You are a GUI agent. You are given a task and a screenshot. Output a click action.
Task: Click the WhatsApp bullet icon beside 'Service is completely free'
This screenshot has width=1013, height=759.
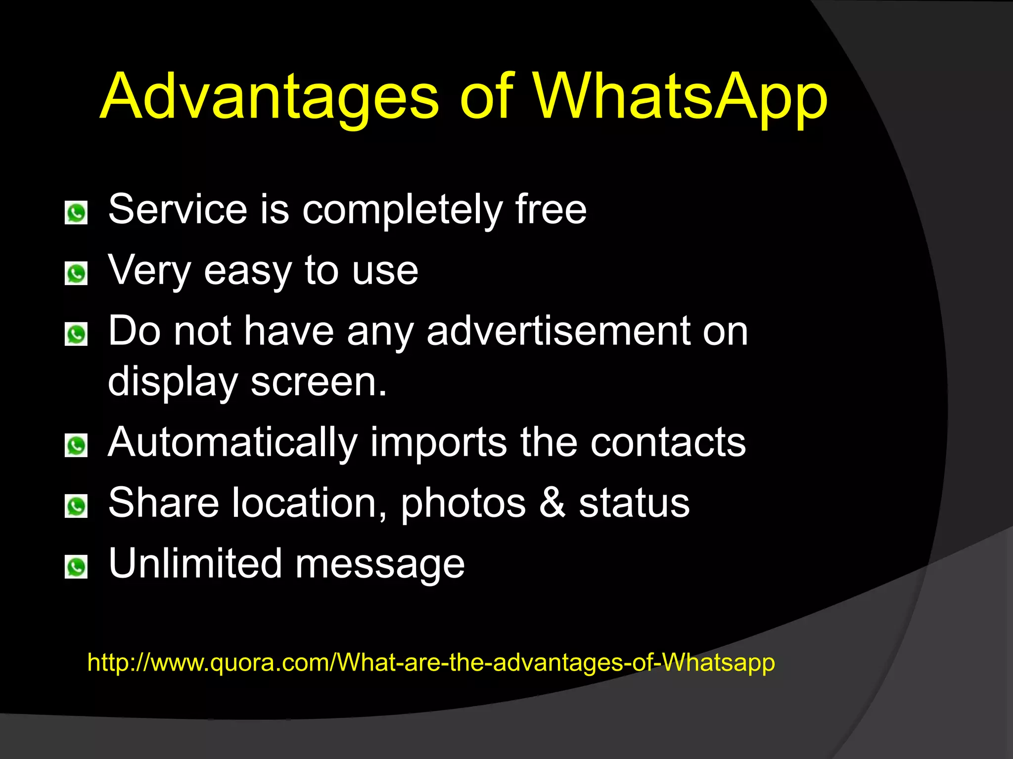(x=76, y=213)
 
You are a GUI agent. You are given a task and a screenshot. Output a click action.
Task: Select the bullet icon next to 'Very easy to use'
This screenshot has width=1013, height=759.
(x=76, y=274)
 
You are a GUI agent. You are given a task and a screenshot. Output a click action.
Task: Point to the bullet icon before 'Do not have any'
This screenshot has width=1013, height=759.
(x=76, y=335)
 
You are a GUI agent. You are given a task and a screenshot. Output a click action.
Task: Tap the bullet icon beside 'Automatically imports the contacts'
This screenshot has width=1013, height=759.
(x=76, y=446)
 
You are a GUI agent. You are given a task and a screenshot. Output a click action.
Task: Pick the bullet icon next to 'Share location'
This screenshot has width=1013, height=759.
(x=76, y=506)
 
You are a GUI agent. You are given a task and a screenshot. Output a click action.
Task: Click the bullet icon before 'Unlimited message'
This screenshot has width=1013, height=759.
(x=76, y=567)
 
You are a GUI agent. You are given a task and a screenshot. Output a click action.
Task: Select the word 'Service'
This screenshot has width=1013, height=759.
(x=178, y=210)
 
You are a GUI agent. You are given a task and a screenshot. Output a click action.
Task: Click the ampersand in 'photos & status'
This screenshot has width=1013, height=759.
(x=552, y=503)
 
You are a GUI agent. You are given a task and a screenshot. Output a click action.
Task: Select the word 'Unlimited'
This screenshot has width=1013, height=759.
(x=195, y=564)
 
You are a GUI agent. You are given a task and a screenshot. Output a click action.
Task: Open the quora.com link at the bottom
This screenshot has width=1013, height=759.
(x=431, y=663)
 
